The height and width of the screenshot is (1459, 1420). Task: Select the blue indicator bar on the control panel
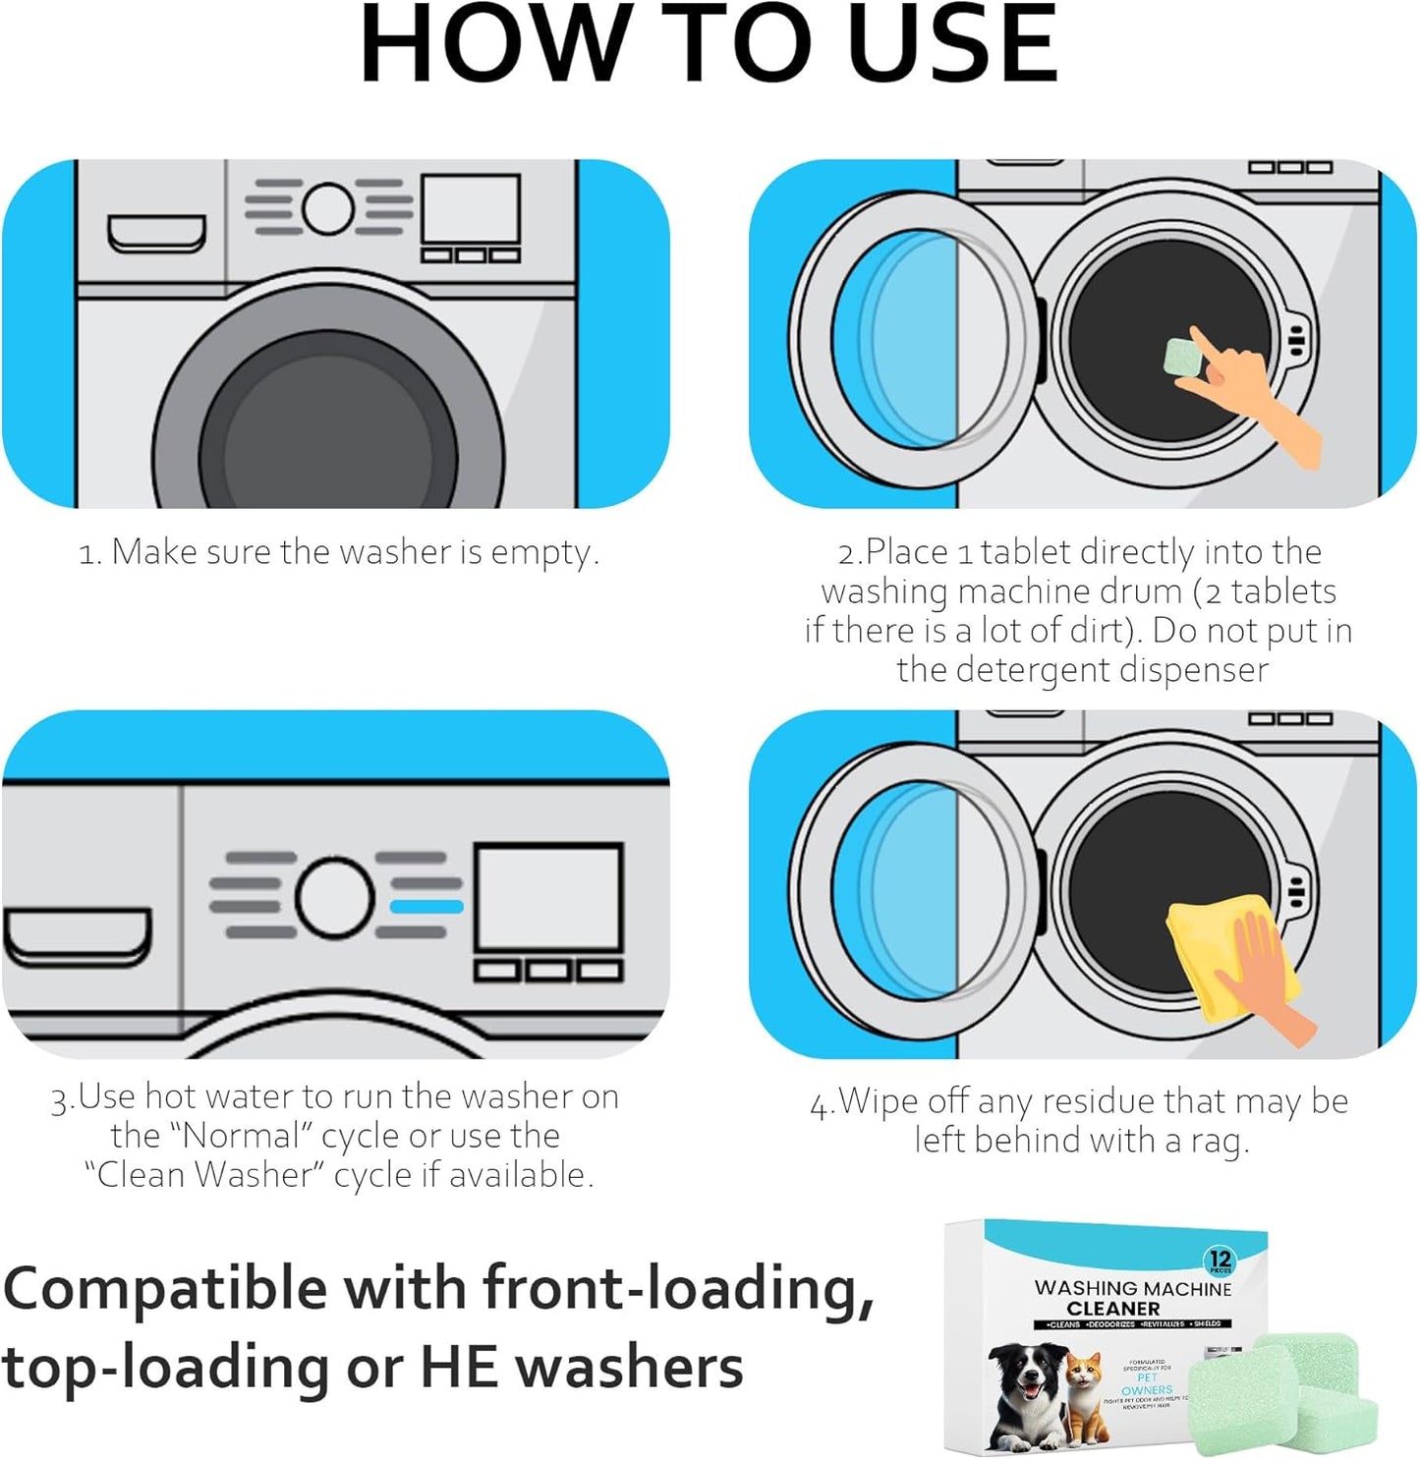426,906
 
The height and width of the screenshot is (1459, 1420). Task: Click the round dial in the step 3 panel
335,897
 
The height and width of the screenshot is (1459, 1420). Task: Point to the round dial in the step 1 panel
328,207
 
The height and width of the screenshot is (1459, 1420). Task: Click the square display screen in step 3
548,897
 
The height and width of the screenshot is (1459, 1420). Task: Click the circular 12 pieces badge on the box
1220,1260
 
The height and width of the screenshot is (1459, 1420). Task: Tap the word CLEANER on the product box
1112,1309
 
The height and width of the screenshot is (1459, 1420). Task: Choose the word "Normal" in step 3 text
240,1136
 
